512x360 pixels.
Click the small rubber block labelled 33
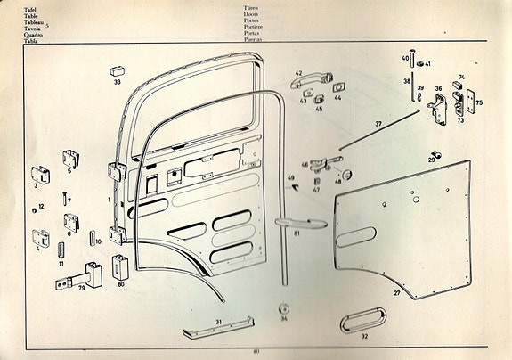click(117, 70)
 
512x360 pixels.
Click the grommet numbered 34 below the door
click(283, 307)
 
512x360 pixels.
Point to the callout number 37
click(378, 124)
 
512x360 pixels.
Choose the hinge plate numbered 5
click(70, 160)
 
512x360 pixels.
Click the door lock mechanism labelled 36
click(439, 106)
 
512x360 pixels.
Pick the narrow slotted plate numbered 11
click(61, 250)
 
